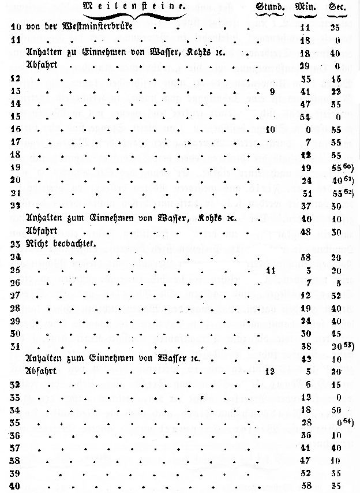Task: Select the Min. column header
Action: (303, 8)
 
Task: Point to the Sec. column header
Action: (337, 8)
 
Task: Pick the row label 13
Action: (16, 91)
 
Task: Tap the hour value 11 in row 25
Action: (272, 270)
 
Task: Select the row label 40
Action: (16, 485)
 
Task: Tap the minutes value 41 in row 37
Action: (306, 447)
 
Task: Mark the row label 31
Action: (16, 346)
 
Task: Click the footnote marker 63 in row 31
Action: (348, 344)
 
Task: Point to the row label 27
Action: (16, 296)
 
